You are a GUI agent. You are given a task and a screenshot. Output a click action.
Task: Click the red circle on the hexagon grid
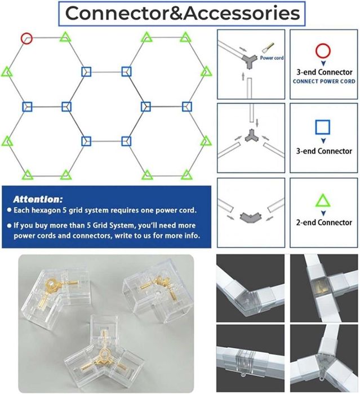(x=26, y=33)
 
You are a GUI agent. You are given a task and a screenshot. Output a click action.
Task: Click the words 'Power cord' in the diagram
(x=272, y=58)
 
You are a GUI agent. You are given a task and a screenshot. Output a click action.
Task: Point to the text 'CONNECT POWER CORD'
(x=324, y=81)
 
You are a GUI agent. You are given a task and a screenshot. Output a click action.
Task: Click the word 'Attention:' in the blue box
(x=38, y=200)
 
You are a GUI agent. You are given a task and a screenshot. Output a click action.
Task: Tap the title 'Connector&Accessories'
(x=183, y=14)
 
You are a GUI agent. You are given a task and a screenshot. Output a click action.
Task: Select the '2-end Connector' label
(x=324, y=223)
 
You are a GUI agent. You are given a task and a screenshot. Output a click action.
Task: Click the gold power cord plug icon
(x=268, y=47)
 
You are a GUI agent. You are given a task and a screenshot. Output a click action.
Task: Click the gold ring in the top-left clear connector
(x=52, y=285)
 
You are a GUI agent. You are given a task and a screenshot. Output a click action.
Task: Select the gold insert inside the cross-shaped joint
(x=319, y=285)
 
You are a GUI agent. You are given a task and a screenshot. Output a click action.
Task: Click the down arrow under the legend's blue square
(x=323, y=141)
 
